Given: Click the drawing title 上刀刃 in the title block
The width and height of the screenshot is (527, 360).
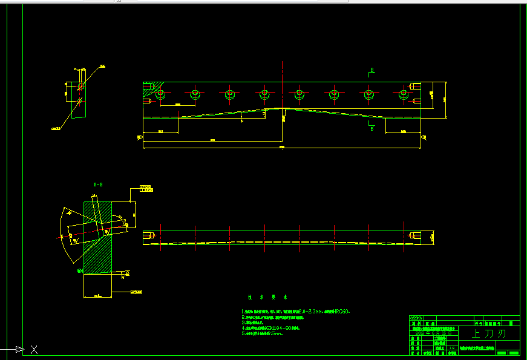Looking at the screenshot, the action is tap(488, 333).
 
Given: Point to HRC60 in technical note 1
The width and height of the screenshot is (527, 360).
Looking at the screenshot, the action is tap(339, 311).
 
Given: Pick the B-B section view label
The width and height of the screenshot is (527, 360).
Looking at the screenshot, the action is tap(97, 183).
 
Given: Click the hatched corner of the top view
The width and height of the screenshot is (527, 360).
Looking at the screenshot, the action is tap(147, 91).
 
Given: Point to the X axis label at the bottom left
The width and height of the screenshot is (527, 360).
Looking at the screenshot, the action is tap(34, 349).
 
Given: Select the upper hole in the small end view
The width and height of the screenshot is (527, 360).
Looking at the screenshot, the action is tap(80, 87).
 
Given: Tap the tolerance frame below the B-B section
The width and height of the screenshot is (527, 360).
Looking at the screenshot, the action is tap(139, 292).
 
